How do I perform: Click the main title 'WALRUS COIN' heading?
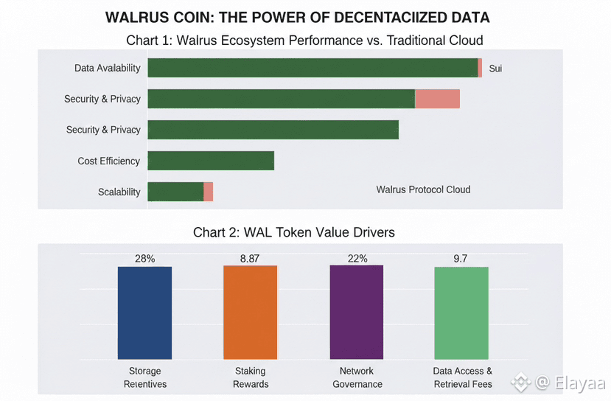[x=297, y=17]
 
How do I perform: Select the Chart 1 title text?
[x=304, y=39]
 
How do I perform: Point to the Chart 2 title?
[x=293, y=232]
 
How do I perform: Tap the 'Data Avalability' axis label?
[x=107, y=68]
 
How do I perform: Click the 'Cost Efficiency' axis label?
[x=108, y=161]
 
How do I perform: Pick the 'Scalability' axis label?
[x=119, y=192]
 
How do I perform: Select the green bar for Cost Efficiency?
[x=211, y=161]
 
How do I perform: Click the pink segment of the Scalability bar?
[x=208, y=192]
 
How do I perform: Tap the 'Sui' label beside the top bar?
[x=495, y=69]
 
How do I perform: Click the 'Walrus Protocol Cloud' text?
[x=423, y=189]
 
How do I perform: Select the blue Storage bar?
[x=144, y=313]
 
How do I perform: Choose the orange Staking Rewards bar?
[x=250, y=313]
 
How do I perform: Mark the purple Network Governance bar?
[x=356, y=313]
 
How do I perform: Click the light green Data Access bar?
[x=461, y=313]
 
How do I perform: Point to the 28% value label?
[x=144, y=259]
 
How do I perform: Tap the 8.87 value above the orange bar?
[x=250, y=259]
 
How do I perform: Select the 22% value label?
[x=356, y=259]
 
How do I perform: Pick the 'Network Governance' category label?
[x=357, y=377]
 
